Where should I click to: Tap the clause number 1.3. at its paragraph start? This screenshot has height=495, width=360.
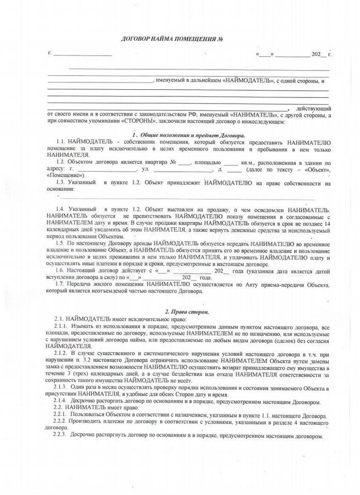(x=60, y=183)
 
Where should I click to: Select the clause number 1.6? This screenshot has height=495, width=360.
(x=60, y=270)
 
